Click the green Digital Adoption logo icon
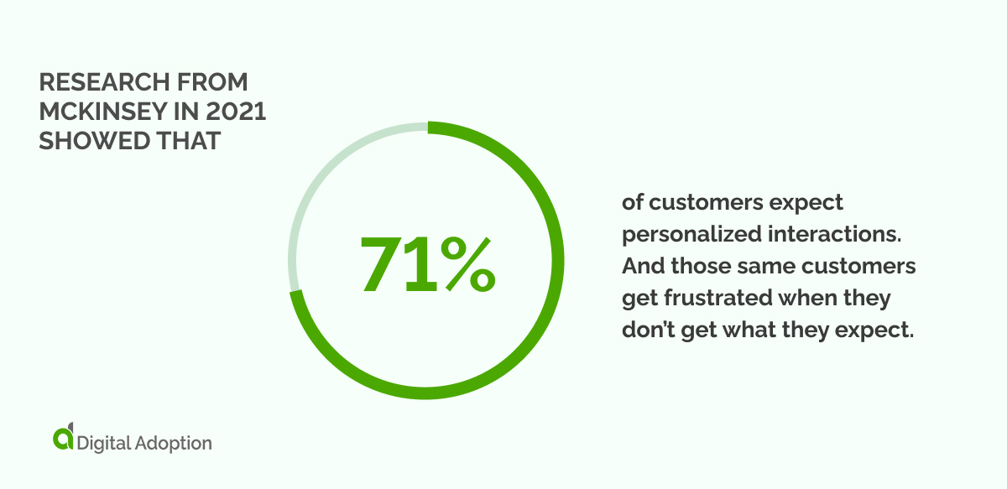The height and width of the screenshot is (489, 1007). [63, 438]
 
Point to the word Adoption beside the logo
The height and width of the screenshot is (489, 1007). [174, 442]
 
